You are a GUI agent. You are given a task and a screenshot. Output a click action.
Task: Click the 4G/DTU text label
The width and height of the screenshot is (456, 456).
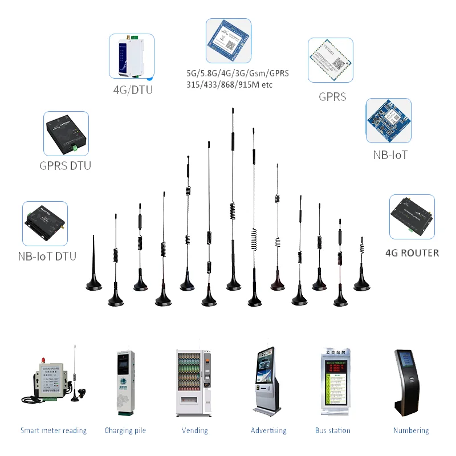tap(133, 89)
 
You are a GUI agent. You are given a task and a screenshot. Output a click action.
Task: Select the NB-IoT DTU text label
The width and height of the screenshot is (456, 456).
tap(47, 256)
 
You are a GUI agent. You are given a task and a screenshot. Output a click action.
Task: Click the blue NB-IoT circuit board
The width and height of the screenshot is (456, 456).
tap(388, 120)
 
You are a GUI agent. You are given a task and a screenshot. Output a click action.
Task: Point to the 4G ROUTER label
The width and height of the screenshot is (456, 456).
tap(412, 253)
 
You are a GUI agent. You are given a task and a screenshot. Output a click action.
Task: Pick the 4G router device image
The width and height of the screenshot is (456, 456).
tap(412, 217)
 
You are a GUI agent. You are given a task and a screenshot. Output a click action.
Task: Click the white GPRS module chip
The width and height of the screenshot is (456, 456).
tap(330, 60)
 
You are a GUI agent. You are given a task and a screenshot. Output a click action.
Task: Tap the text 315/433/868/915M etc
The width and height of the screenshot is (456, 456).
tap(230, 85)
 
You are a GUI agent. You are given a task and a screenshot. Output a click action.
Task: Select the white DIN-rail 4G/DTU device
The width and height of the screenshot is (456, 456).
tap(132, 55)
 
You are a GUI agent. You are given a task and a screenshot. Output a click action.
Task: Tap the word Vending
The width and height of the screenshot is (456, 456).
tap(194, 430)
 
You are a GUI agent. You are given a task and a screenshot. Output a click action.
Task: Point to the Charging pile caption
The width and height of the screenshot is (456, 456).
tap(125, 430)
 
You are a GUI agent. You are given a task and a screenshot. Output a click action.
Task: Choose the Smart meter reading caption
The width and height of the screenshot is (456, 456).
tap(54, 430)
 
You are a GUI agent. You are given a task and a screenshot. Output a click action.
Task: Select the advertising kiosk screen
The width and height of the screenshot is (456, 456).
tap(267, 372)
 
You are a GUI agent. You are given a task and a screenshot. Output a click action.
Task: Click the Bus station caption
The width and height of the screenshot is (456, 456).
tap(332, 430)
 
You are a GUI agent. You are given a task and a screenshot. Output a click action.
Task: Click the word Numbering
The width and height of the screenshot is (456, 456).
tap(411, 430)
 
